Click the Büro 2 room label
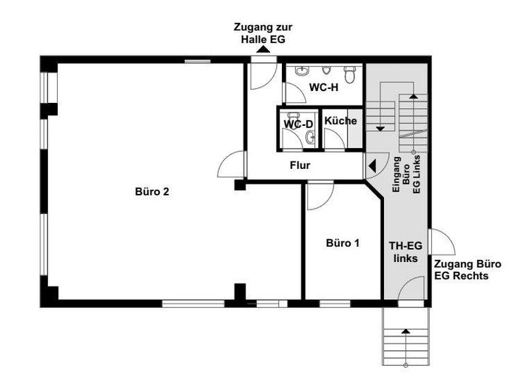click(x=152, y=192)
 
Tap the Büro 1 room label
click(x=343, y=243)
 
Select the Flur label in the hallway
click(x=300, y=165)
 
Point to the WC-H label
click(x=323, y=87)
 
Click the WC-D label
click(x=298, y=124)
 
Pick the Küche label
click(x=340, y=121)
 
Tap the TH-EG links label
click(x=405, y=252)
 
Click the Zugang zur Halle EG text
click(x=263, y=33)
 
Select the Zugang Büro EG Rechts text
click(x=468, y=270)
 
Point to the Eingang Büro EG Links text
click(x=406, y=175)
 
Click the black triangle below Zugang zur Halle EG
click(x=263, y=49)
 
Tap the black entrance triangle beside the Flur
click(x=372, y=166)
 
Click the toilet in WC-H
click(x=350, y=74)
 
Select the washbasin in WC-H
click(x=302, y=71)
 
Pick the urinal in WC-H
click(x=326, y=70)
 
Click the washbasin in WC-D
click(x=310, y=138)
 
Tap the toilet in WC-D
click(x=294, y=118)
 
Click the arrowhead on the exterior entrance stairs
click(x=405, y=331)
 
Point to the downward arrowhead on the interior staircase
click(x=380, y=129)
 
